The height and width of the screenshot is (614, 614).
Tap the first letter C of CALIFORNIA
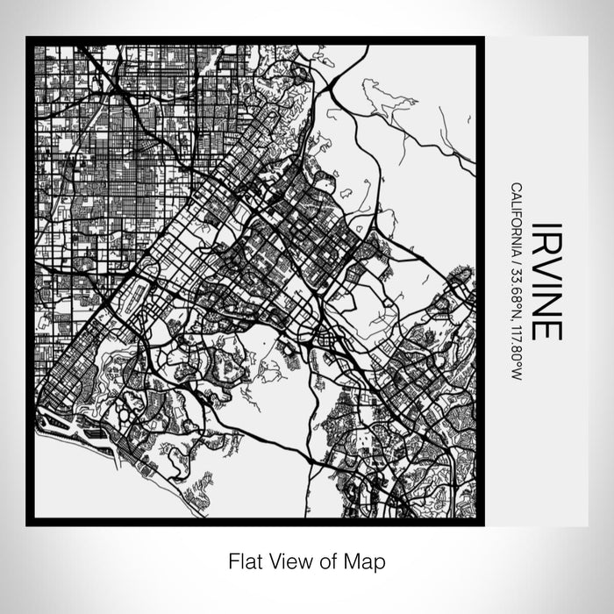click(518, 186)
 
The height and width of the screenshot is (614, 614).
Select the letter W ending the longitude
click(518, 375)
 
